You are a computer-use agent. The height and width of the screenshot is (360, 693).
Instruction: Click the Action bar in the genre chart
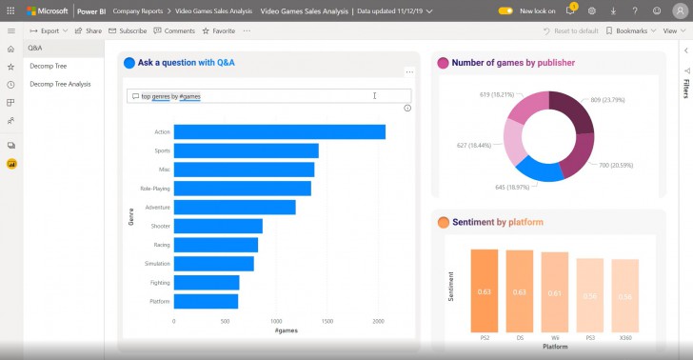coord(279,131)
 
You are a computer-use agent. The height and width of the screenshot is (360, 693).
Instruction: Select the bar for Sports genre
coord(246,150)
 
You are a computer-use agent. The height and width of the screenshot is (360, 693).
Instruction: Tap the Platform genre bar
coord(206,301)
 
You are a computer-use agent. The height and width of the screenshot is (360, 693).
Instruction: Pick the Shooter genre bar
coord(218,226)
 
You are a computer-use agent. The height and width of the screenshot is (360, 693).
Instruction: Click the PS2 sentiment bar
coord(484,292)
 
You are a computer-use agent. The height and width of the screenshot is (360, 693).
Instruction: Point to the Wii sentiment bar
coord(554,294)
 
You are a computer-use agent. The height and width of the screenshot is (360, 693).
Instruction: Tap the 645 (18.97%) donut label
coord(485,186)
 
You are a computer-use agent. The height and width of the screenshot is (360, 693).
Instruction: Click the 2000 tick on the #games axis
coord(378,321)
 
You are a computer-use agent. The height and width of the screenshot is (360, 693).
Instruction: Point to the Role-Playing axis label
coord(154,188)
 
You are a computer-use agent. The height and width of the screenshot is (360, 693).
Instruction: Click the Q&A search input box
coord(268,96)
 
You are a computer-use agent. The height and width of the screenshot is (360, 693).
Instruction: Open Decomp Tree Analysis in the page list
coord(60,84)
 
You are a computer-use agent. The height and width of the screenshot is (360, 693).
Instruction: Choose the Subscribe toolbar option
coord(128,30)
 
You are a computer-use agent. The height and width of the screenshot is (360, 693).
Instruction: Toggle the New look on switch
coord(505,10)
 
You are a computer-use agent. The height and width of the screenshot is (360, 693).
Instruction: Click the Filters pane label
coord(685,89)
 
